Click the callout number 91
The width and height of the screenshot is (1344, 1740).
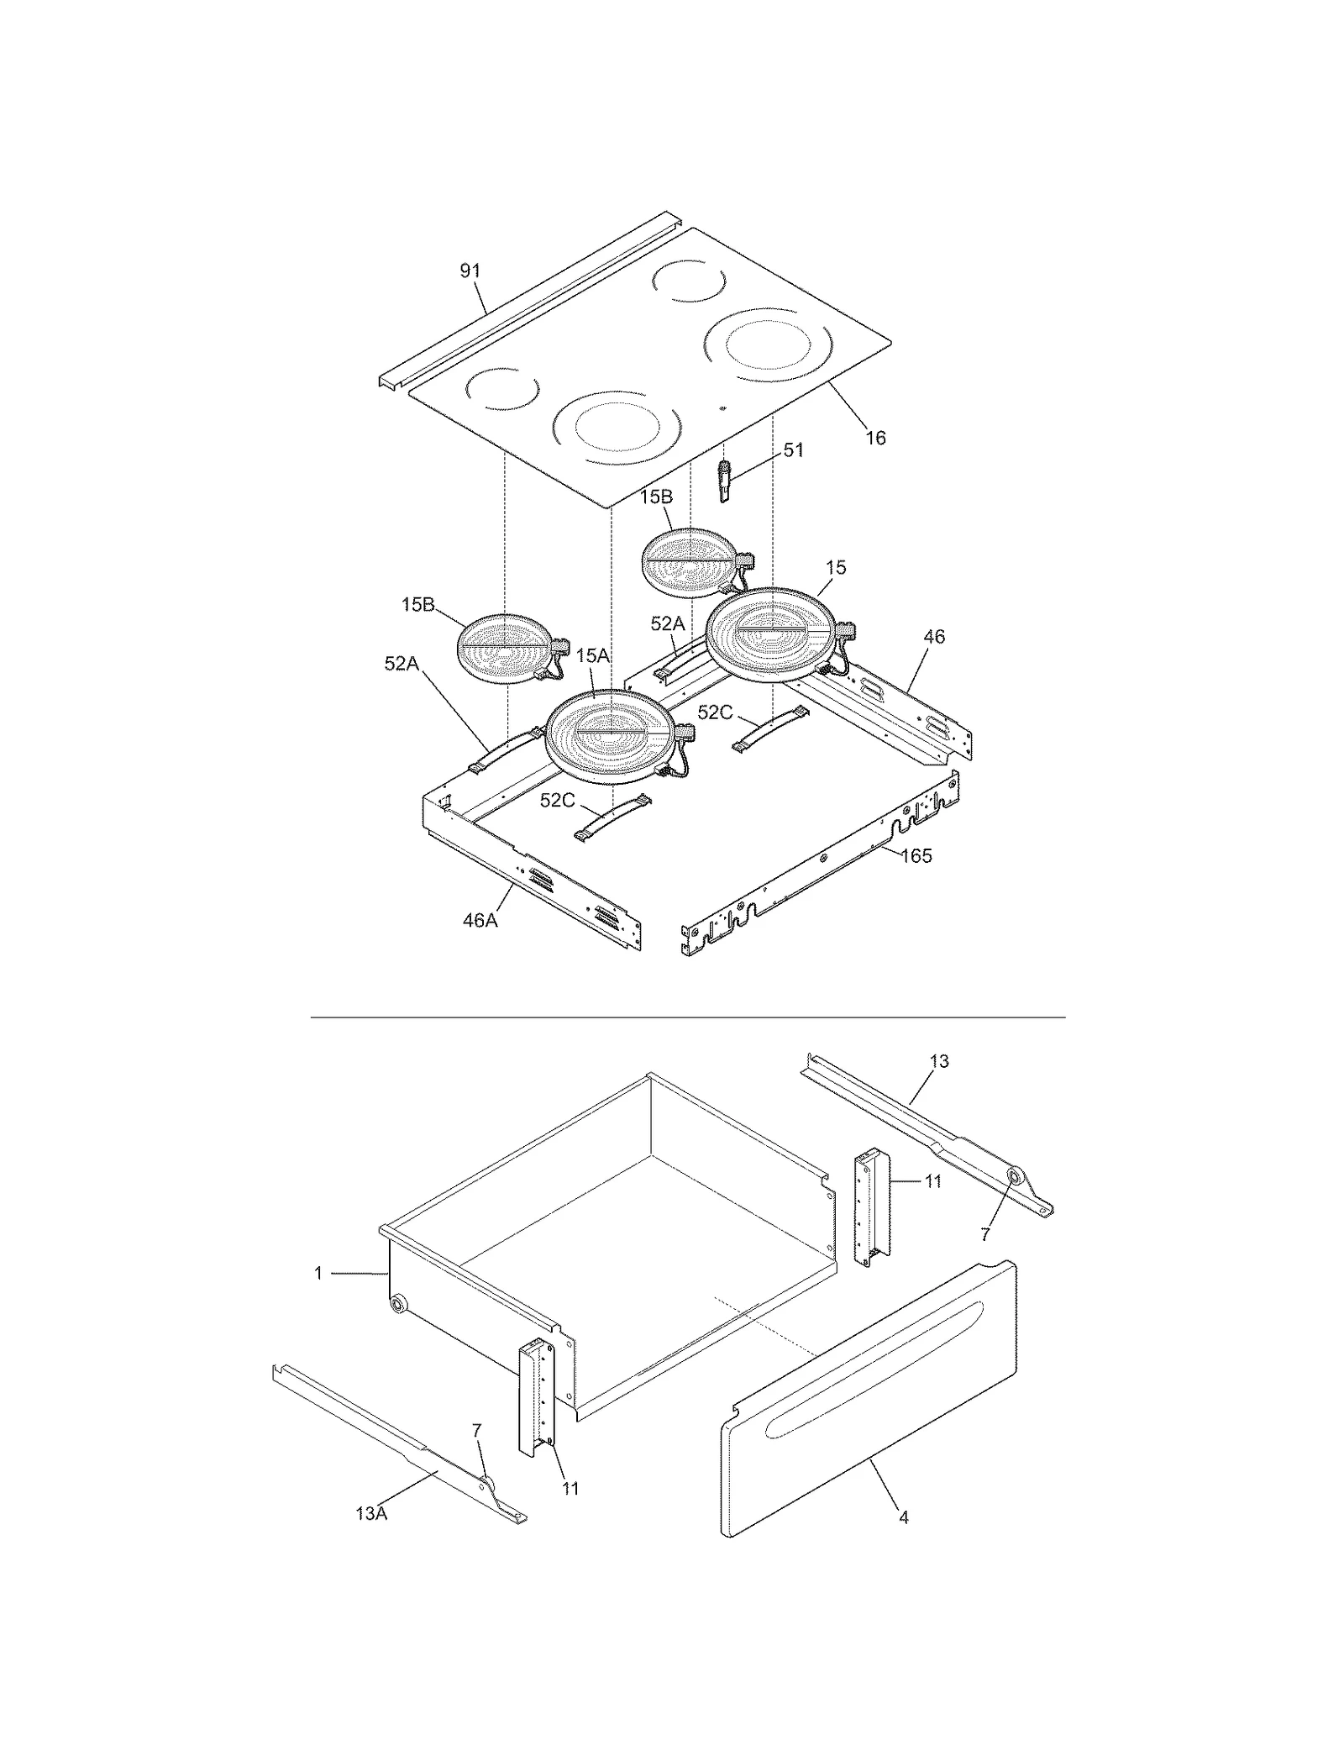(470, 271)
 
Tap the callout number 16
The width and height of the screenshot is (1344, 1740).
(875, 438)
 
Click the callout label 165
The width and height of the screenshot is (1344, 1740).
(916, 856)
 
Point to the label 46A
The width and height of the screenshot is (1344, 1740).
(480, 920)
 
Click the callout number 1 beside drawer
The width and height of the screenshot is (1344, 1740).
(318, 1274)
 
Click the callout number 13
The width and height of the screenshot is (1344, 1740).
(939, 1061)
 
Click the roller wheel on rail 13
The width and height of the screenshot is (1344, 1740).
(1014, 1179)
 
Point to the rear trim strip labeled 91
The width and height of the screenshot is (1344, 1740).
(521, 302)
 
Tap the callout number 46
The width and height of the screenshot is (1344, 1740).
(934, 637)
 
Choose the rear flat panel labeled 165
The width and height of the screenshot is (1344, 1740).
(823, 865)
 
